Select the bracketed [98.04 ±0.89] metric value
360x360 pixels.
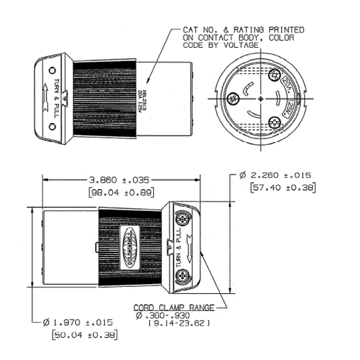[115, 192]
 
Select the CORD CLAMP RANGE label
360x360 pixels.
[173, 308]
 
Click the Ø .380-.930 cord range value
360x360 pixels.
[167, 316]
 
